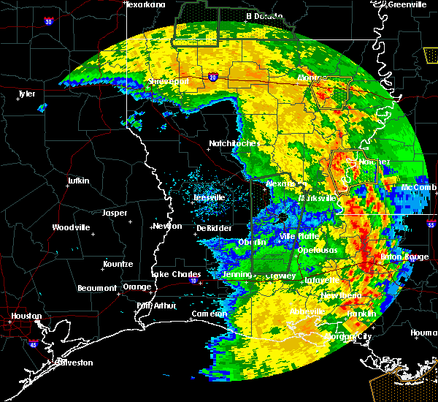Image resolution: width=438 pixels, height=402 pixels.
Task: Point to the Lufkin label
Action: (x=77, y=181)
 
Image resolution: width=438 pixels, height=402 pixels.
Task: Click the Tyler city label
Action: (x=27, y=94)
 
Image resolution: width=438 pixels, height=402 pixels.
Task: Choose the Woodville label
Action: (x=71, y=227)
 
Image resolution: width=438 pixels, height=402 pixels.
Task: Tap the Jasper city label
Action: (x=115, y=213)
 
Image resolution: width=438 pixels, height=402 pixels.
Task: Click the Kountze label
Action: (x=117, y=263)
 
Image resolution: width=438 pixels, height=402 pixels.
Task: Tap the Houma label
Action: (x=424, y=333)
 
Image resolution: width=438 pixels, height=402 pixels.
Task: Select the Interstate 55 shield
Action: (x=431, y=226)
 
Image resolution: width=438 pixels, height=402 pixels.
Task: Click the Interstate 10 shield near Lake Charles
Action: (x=193, y=281)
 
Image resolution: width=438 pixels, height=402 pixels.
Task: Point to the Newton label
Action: (x=167, y=226)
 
